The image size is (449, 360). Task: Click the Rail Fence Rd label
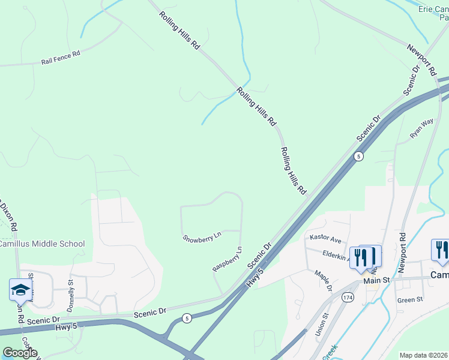coord(61,58)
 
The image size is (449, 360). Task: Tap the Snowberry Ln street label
coord(202,237)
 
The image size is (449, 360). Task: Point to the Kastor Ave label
coord(325,238)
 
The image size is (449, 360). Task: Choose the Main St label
coord(376,280)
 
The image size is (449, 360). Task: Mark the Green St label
coord(410,299)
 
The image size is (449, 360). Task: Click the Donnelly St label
coord(71,290)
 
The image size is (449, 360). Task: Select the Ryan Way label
coord(421,128)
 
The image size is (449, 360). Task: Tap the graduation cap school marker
coord(20,289)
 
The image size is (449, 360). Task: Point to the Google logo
coord(19,353)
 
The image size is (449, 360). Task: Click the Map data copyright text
coord(424,355)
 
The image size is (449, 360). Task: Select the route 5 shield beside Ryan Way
coord(358,157)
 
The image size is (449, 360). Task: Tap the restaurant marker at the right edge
coord(440,251)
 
